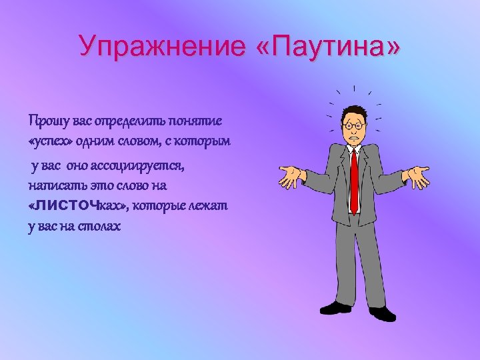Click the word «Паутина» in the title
[328, 47]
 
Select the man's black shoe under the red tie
[335, 307]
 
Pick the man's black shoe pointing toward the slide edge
[383, 313]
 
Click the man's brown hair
[353, 110]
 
